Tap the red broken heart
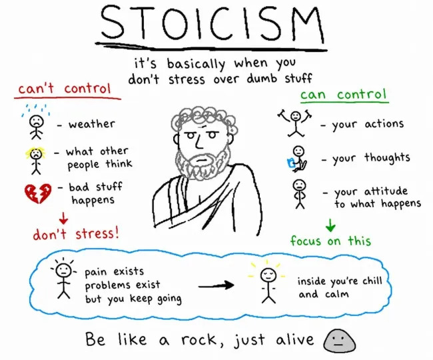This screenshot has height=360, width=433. click(x=38, y=193)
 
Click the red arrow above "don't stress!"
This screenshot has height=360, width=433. click(x=63, y=218)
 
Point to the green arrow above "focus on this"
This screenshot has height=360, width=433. click(x=330, y=225)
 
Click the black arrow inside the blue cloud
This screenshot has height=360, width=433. click(x=216, y=285)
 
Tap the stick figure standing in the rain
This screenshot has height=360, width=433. click(x=36, y=123)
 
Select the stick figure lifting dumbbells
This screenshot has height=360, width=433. click(x=295, y=123)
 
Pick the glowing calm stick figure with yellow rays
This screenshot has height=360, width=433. click(x=267, y=281)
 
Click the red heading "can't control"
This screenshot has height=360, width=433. click(x=65, y=89)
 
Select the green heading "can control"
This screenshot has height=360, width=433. click(x=343, y=95)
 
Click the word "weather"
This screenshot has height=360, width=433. click(x=92, y=123)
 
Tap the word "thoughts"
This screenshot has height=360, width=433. click(x=387, y=158)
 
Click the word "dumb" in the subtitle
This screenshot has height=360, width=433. click(x=262, y=78)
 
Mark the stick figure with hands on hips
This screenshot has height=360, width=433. click(x=299, y=194)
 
